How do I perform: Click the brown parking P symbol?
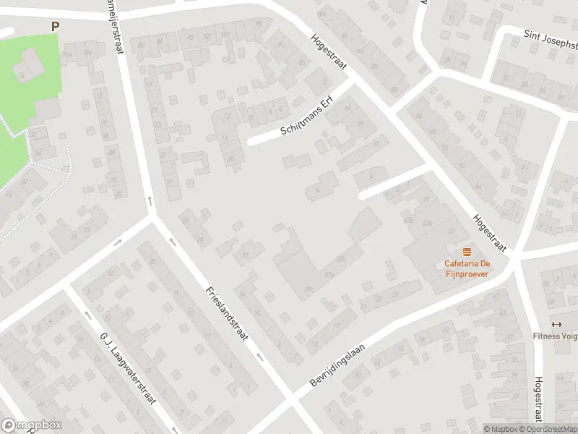[55, 26]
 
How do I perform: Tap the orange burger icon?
[467, 251]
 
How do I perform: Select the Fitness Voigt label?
[555, 336]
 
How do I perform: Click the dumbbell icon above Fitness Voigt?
[556, 323]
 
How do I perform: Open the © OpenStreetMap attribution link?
[548, 429]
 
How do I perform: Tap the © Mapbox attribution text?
[500, 429]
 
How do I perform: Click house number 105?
[207, 35]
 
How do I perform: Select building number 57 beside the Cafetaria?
[452, 231]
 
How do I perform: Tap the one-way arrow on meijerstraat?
[150, 199]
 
